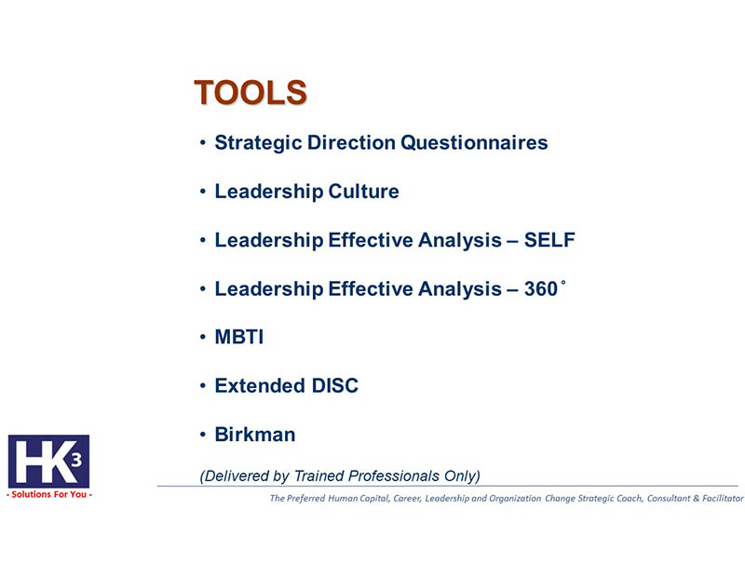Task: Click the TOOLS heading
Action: click(251, 92)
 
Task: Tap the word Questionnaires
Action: click(474, 142)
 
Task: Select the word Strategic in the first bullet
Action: click(258, 143)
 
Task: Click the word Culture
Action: click(363, 192)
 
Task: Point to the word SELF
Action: click(549, 240)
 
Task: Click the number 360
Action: click(541, 289)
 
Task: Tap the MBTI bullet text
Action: click(239, 337)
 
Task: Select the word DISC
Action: click(334, 385)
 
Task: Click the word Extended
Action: click(260, 385)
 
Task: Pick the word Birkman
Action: click(255, 435)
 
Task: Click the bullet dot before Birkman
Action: click(203, 435)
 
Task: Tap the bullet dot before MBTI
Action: click(203, 337)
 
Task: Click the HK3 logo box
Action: click(49, 462)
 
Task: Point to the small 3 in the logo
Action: click(76, 460)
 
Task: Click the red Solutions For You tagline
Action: click(49, 494)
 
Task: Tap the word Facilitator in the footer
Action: click(723, 499)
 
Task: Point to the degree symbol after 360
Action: click(563, 283)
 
